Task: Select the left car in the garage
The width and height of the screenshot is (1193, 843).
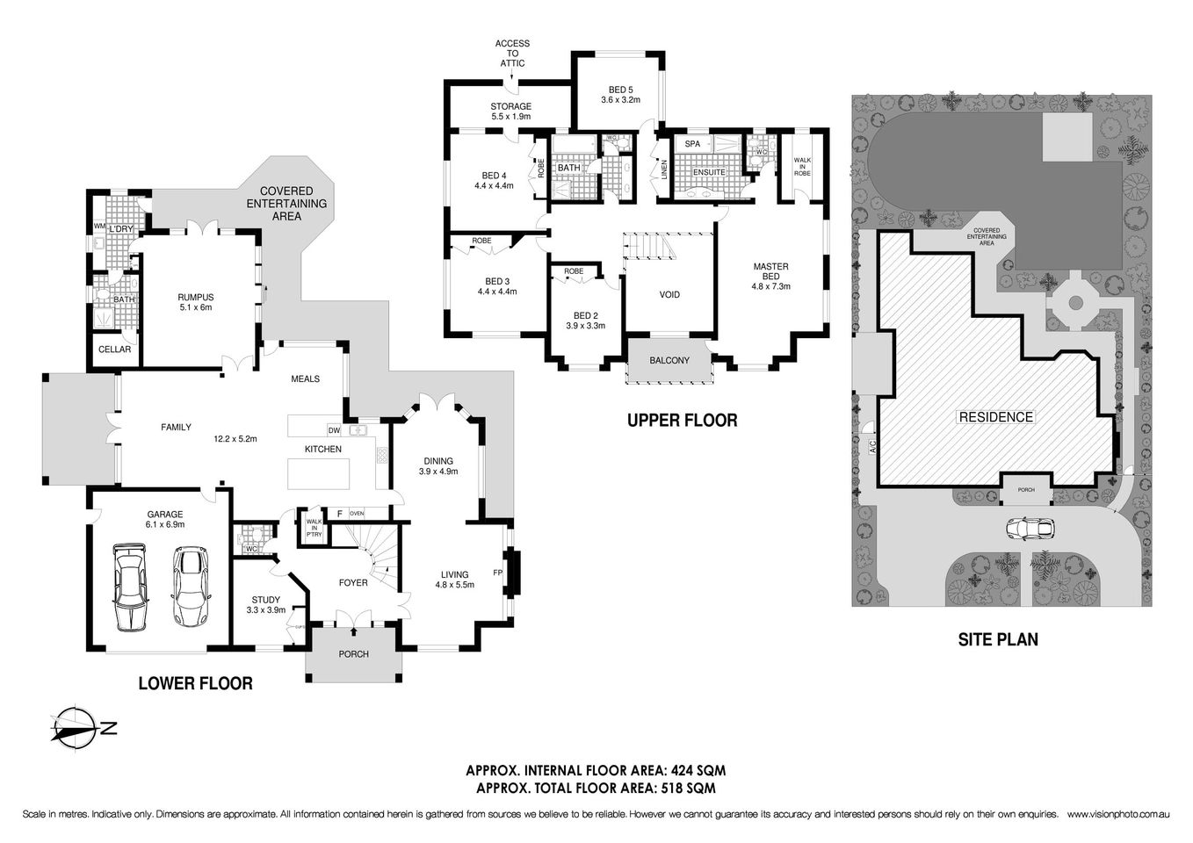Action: [x=130, y=587]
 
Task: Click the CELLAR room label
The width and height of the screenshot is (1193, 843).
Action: [x=114, y=349]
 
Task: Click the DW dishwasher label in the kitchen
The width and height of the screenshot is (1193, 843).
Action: [x=334, y=430]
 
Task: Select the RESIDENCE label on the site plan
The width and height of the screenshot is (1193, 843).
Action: [x=995, y=417]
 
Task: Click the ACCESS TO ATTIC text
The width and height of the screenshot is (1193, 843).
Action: [x=511, y=54]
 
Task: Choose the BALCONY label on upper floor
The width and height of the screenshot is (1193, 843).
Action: [x=669, y=361]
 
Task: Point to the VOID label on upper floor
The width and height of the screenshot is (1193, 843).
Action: [x=669, y=295]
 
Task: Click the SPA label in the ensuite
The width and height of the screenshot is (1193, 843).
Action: [x=692, y=144]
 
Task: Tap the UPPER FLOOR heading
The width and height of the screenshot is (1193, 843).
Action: [x=682, y=421]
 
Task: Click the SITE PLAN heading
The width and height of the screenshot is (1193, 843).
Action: [x=997, y=639]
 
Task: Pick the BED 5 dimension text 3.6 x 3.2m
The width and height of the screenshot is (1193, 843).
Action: [x=620, y=100]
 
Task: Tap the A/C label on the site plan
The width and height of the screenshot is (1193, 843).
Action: [x=872, y=446]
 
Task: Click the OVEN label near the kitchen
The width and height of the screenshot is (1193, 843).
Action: [x=357, y=514]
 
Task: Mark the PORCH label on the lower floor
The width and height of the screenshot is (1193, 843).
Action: [x=354, y=654]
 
